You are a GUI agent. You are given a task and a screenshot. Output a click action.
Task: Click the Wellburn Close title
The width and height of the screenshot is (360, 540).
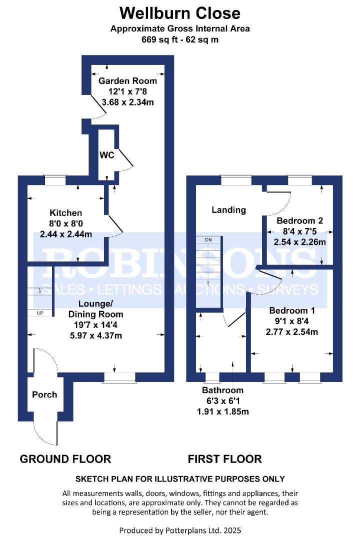[180, 13]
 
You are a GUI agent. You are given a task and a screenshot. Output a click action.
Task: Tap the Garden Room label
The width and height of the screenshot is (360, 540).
[127, 81]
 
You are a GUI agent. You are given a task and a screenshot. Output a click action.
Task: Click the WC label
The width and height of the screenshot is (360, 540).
[107, 155]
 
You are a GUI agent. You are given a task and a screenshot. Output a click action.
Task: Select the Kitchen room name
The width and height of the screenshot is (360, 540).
[66, 213]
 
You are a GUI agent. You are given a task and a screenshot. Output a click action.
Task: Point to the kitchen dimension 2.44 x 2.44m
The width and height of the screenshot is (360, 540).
[66, 234]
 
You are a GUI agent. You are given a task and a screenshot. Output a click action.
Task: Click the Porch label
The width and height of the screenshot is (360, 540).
[44, 394]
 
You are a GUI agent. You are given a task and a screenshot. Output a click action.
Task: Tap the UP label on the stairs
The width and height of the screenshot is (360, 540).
[40, 313]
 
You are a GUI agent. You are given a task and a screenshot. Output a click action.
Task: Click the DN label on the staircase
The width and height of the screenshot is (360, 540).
[208, 239]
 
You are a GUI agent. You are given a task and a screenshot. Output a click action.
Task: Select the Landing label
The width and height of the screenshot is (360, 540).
[228, 210]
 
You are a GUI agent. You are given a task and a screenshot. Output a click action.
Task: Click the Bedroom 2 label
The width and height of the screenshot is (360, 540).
[299, 221]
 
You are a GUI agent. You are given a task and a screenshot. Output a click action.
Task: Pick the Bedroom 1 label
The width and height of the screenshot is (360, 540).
[292, 310]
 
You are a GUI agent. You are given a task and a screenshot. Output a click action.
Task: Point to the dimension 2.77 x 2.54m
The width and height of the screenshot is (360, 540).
[292, 332]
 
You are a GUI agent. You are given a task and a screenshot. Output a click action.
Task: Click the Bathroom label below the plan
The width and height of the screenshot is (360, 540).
[222, 390]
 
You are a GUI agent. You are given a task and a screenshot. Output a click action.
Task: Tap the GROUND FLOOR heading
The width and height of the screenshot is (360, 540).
[65, 459]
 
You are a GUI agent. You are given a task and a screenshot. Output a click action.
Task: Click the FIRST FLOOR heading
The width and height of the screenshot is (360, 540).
[224, 459]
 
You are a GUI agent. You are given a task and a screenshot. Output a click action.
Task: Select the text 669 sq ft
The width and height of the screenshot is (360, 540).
[159, 39]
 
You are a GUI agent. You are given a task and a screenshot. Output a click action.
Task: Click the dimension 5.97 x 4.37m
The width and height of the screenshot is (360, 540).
[96, 335]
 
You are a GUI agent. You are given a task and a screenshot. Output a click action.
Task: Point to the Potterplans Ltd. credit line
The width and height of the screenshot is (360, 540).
[180, 530]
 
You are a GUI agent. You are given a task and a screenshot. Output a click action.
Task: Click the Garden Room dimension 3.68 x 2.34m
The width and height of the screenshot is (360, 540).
[128, 102]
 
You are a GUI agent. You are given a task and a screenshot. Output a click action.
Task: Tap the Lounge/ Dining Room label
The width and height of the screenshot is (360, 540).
[96, 309]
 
